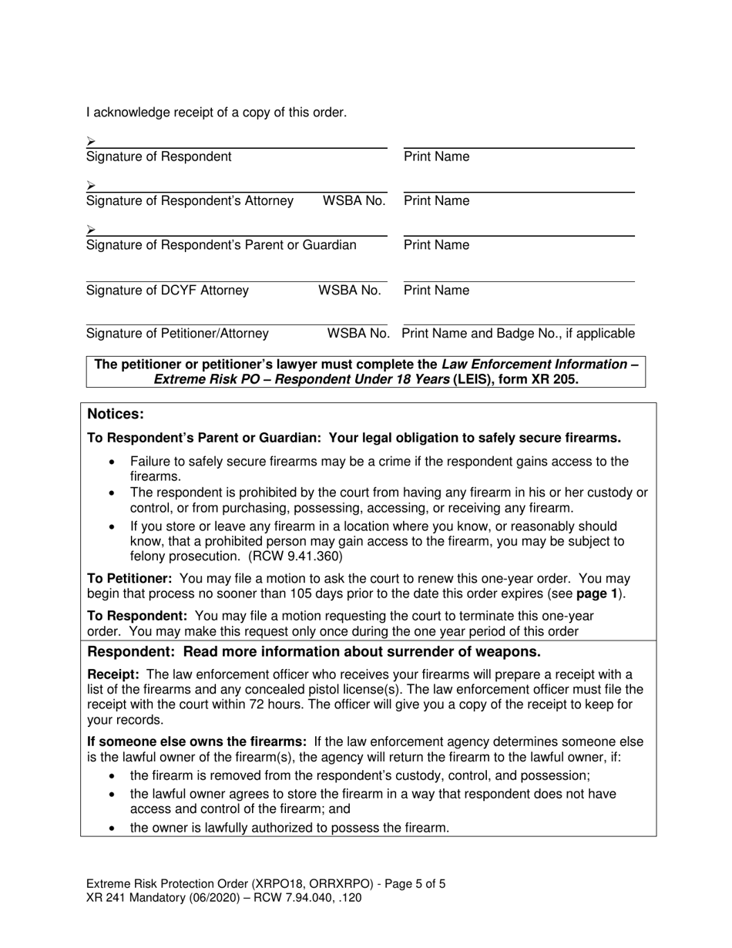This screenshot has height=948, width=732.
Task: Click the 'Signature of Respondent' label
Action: [159, 156]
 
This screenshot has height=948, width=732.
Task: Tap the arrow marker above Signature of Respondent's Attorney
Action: [91, 185]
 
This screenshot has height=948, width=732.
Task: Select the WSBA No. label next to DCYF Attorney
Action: [350, 291]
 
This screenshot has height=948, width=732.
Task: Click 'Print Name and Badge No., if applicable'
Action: [518, 334]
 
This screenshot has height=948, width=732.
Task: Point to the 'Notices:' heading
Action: [116, 414]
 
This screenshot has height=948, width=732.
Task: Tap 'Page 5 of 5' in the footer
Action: [408, 884]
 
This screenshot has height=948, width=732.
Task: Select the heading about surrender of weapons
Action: [314, 651]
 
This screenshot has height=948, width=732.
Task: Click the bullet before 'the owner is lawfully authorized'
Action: [113, 829]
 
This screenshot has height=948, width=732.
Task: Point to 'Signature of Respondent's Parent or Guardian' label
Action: [221, 245]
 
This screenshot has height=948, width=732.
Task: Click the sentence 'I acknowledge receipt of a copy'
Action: [217, 113]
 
